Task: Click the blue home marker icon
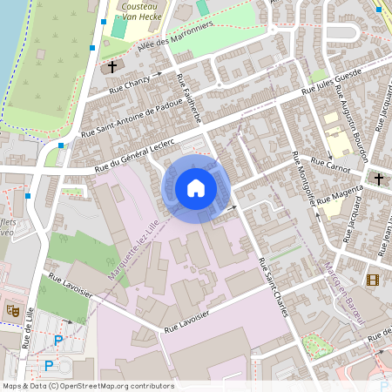(196, 188)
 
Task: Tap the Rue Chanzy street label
(129, 84)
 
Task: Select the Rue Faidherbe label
(188, 98)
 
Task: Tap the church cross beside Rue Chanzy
(112, 66)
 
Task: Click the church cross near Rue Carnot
(379, 179)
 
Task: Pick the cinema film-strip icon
(374, 280)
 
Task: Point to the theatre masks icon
(13, 309)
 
